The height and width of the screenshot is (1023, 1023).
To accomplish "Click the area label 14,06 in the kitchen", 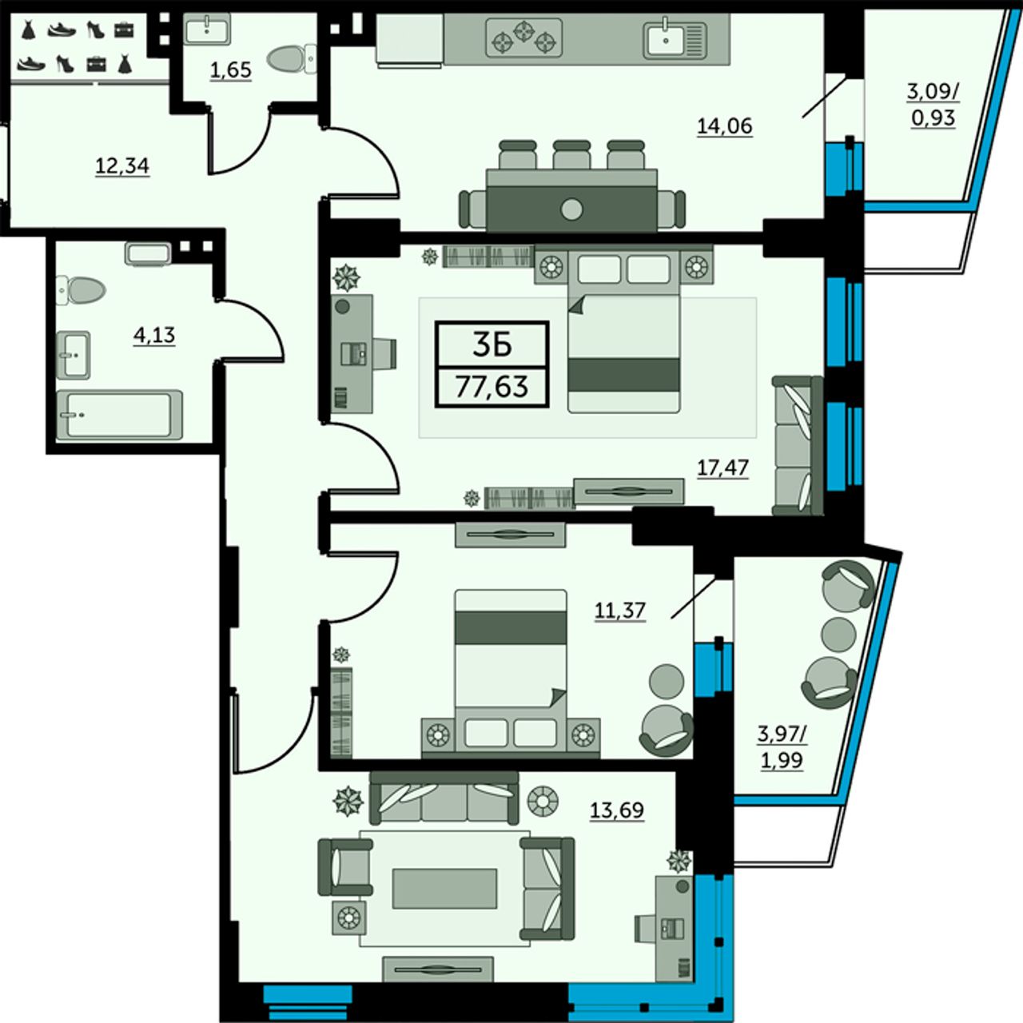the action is (725, 127).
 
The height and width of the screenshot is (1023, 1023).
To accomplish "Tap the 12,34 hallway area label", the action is (122, 167).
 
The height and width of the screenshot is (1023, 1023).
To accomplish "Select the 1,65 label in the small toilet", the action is (230, 70).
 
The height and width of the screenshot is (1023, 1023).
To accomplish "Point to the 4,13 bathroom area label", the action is (154, 336).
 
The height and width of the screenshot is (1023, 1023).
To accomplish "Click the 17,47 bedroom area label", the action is (722, 468).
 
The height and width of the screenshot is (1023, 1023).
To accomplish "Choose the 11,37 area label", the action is (619, 611).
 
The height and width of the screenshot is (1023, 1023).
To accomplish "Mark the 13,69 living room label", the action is (617, 810).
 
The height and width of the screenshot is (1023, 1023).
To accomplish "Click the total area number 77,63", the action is (492, 387).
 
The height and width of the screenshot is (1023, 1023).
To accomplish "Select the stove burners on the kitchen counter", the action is (524, 37).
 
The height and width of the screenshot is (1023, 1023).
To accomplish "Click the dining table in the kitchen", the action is (571, 201).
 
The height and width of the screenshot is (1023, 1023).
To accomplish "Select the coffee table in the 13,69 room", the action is (445, 888).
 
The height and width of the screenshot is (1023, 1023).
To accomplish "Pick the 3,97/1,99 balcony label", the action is (782, 749).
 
